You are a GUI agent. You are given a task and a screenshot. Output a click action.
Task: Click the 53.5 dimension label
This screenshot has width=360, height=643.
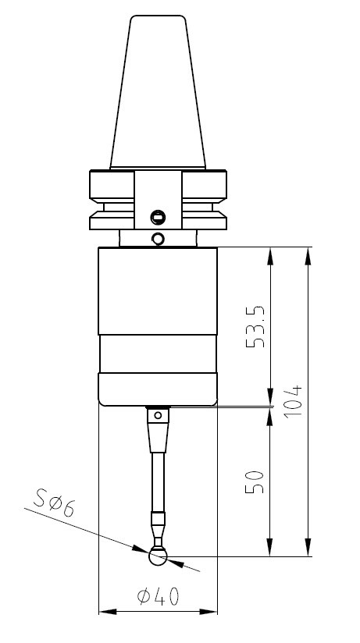(x=255, y=327)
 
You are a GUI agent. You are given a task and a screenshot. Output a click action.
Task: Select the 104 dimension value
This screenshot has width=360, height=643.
(x=293, y=401)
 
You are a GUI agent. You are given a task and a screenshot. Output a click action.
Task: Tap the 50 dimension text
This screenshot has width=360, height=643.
(x=255, y=481)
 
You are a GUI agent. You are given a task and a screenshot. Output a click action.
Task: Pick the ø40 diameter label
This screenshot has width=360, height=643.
(x=159, y=596)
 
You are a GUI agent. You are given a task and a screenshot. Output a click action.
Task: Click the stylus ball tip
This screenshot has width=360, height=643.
(x=158, y=556)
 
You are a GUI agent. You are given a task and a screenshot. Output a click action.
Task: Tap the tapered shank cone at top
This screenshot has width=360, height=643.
(x=158, y=92)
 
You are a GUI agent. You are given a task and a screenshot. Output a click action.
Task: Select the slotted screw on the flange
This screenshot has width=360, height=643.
(x=158, y=217)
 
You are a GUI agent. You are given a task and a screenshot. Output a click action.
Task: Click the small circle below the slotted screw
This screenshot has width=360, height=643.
(x=158, y=239)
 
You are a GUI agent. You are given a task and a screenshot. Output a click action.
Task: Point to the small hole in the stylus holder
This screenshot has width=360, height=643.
(x=158, y=416)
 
